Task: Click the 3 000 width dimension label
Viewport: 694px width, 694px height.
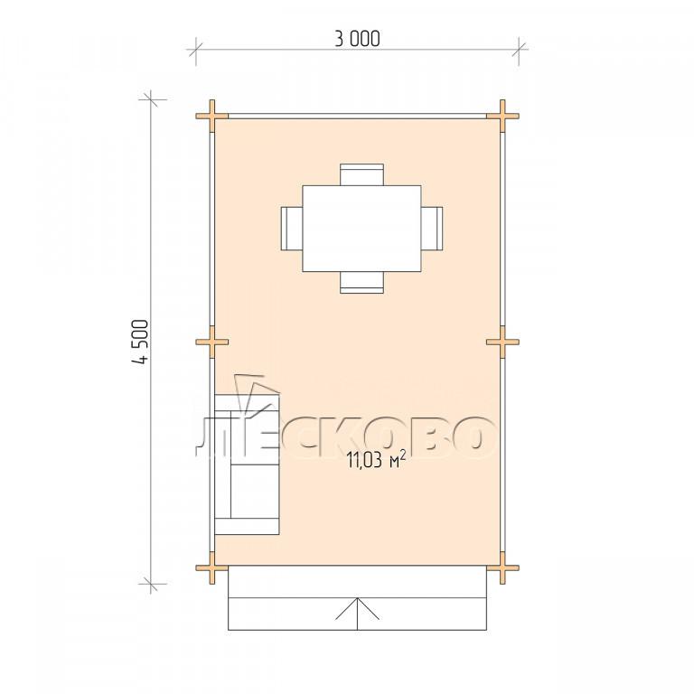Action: [x=357, y=39]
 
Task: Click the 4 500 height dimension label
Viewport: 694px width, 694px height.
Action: [x=139, y=342]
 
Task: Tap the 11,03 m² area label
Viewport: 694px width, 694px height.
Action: [x=376, y=461]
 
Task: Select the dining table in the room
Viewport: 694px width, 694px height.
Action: [x=361, y=229]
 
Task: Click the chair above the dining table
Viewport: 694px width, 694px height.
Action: [x=361, y=174]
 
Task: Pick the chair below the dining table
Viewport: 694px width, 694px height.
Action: [x=361, y=282]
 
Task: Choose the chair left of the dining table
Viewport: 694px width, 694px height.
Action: [x=292, y=229]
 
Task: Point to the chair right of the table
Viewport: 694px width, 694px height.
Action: [x=432, y=229]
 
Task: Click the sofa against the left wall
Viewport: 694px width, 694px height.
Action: [x=247, y=464]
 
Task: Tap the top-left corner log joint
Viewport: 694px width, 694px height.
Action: [x=212, y=116]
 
